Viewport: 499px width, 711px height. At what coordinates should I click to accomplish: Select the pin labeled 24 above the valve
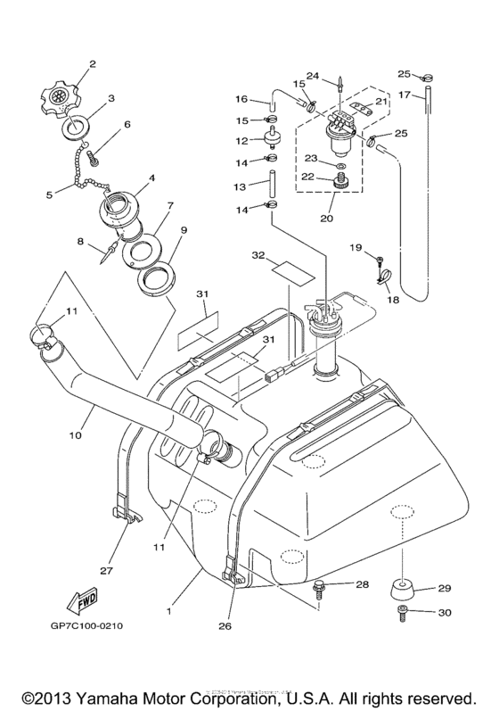click(341, 87)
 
